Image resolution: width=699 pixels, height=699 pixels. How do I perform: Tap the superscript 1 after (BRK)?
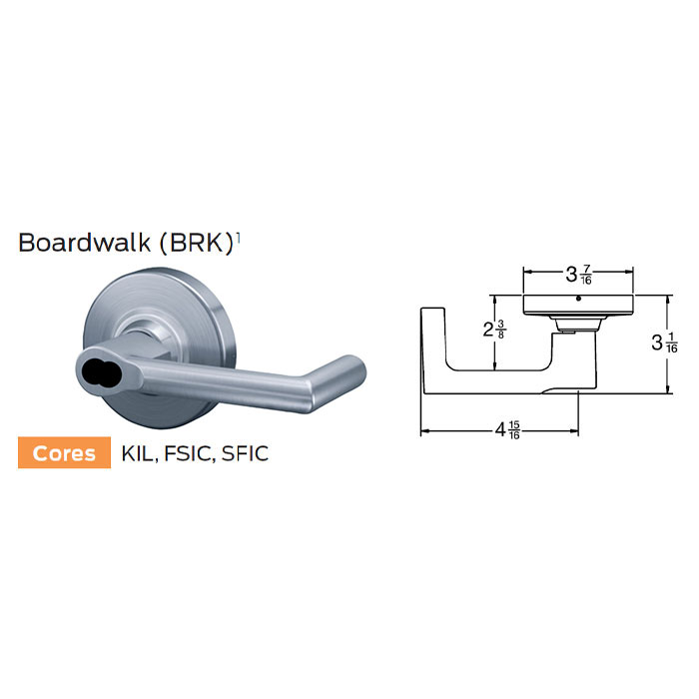coord(240,237)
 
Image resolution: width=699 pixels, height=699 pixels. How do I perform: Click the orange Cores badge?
coord(64,452)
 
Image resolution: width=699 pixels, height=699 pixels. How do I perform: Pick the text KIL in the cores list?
coord(137,453)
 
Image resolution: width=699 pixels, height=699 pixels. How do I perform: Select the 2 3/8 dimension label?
coord(493,331)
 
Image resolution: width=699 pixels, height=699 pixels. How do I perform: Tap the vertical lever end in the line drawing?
coord(430,349)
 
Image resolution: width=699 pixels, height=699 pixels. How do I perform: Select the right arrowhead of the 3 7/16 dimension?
coord(631,271)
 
